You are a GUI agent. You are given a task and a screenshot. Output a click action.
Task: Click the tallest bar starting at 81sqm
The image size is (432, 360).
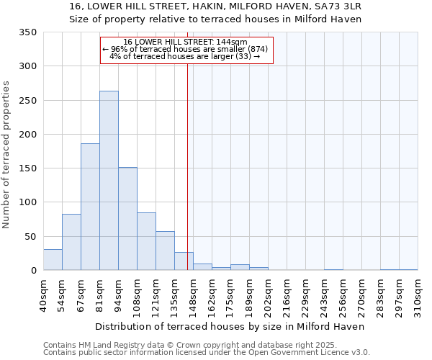(109, 181)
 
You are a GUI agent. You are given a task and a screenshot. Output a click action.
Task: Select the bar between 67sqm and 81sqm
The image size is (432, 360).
(90, 207)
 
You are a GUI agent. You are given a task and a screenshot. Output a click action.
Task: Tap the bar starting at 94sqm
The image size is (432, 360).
(127, 219)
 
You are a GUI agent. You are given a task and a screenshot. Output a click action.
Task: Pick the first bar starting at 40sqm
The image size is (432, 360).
(53, 260)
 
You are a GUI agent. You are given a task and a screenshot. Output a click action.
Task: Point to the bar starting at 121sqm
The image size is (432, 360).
(165, 251)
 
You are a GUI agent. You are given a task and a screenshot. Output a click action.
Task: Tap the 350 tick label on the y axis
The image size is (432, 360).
(28, 32)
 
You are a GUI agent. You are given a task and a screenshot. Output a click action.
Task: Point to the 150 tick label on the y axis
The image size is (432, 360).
(28, 168)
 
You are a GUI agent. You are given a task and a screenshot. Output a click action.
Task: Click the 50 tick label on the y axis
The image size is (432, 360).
(31, 236)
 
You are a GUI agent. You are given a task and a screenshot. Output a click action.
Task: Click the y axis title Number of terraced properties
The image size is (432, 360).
(6, 155)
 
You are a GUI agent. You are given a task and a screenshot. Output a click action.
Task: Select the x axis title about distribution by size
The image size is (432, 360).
(230, 326)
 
